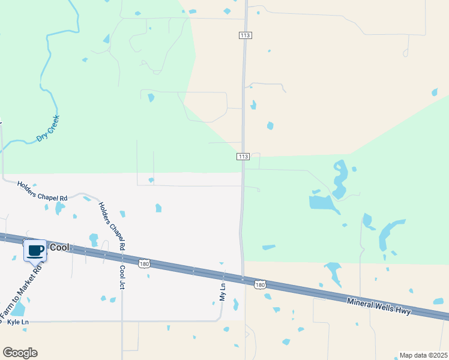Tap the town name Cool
pos(59,247)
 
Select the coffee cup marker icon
pos(35,250)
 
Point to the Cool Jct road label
pos(122,277)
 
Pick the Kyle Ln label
pos(18,322)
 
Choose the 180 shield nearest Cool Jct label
pos(143,263)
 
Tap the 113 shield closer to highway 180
pos(243,157)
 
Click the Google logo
pos(20,353)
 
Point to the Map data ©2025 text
pos(423,355)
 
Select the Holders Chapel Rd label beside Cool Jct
pos(112,226)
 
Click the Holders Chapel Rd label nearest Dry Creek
pos(42,191)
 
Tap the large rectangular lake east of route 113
pos(322,202)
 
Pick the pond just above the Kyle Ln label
pos(18,308)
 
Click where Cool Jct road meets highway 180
pos(122,260)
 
